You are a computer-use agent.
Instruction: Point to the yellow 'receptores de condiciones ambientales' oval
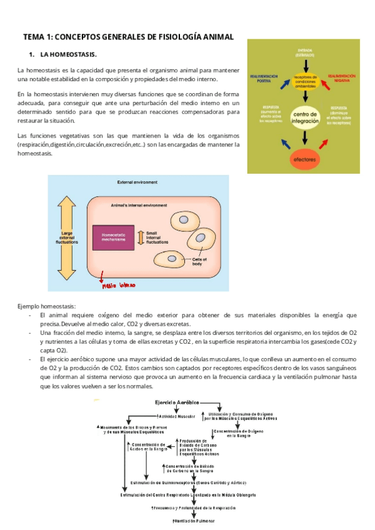[306, 81]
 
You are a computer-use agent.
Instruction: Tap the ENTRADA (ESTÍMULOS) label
[306, 52]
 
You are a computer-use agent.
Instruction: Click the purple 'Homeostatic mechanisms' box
[117, 237]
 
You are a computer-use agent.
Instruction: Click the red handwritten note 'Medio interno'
[118, 286]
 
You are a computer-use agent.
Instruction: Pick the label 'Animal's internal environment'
[139, 205]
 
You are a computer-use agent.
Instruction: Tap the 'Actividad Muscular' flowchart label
[179, 415]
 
